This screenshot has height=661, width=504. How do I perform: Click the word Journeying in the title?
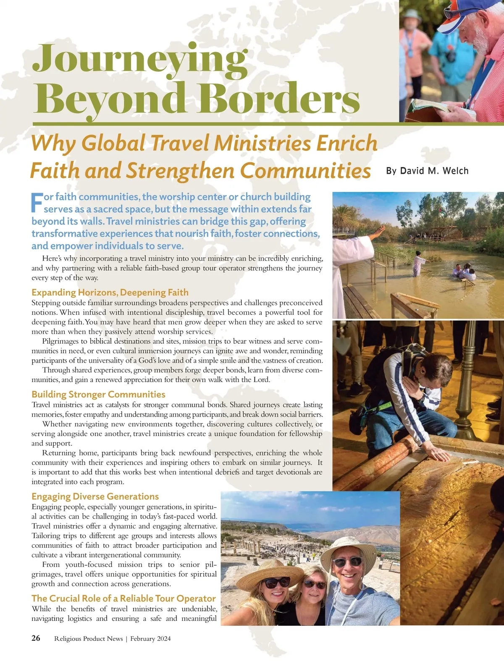[x=140, y=59]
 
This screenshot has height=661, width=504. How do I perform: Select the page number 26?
[x=36, y=638]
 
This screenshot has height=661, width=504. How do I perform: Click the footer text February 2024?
[x=150, y=639]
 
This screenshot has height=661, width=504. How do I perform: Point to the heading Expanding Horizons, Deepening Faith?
[x=110, y=293]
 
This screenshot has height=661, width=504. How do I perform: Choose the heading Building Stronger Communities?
[x=98, y=395]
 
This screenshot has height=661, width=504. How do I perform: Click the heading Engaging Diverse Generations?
[x=95, y=496]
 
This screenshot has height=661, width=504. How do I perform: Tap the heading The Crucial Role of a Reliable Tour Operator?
[x=123, y=598]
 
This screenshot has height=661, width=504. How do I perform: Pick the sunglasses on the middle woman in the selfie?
[x=314, y=584]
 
